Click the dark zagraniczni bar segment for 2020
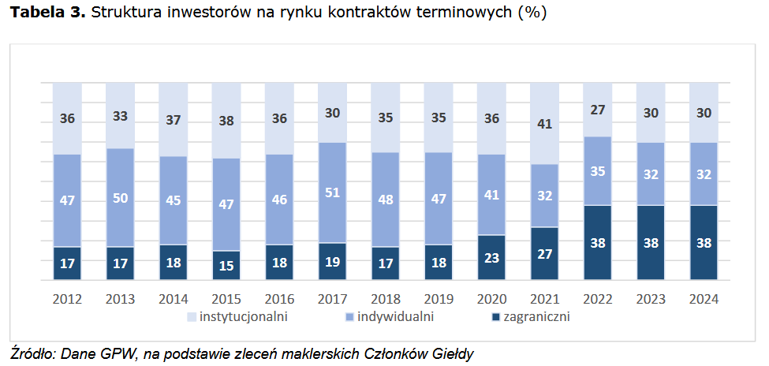(491, 257)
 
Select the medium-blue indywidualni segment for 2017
(331, 192)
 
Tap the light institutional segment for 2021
(543, 123)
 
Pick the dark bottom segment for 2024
(704, 242)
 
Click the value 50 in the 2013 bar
(120, 198)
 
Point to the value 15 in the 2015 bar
(226, 265)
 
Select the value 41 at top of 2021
(543, 123)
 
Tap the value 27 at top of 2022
(597, 109)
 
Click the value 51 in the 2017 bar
(331, 192)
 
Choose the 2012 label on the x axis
(67, 300)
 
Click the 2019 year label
(438, 300)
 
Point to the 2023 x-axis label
(650, 300)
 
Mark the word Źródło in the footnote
(32, 353)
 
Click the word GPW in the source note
(114, 353)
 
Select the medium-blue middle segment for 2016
(278, 199)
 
